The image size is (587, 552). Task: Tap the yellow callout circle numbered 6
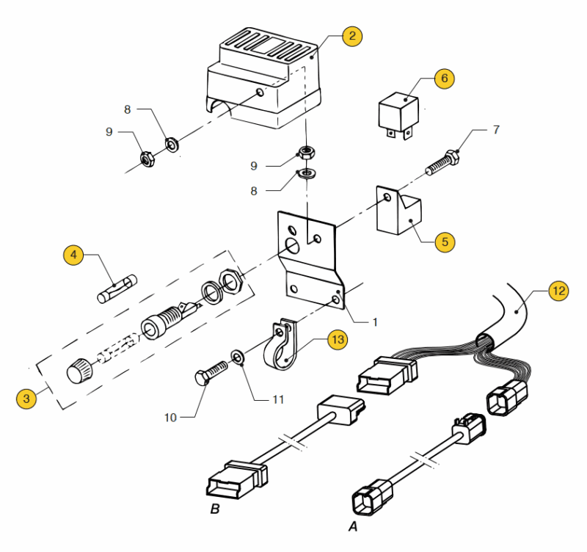445,78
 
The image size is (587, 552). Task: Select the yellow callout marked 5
445,241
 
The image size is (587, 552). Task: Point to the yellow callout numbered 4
73,255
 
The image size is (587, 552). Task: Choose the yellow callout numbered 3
26,399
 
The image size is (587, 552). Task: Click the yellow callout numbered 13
337,340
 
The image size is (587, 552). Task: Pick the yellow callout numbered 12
558,291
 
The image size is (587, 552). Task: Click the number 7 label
496,130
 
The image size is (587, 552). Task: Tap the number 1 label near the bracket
374,322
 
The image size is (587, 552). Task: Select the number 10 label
170,417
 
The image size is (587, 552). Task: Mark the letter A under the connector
351,526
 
